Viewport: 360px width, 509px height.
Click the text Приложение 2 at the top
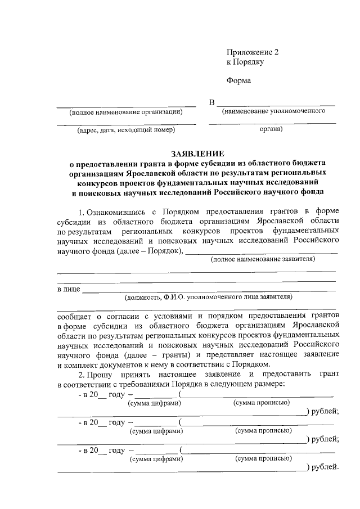coord(253,52)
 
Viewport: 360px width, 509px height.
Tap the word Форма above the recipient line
coord(238,80)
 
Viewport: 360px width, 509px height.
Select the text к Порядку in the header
coord(245,62)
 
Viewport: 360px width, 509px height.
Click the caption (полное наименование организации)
coord(125,112)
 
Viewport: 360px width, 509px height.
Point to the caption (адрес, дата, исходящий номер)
coord(126,130)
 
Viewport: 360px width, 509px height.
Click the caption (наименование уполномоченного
coord(274,111)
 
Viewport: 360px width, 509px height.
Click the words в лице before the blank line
coord(69,289)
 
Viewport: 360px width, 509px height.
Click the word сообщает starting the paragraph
coord(76,316)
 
